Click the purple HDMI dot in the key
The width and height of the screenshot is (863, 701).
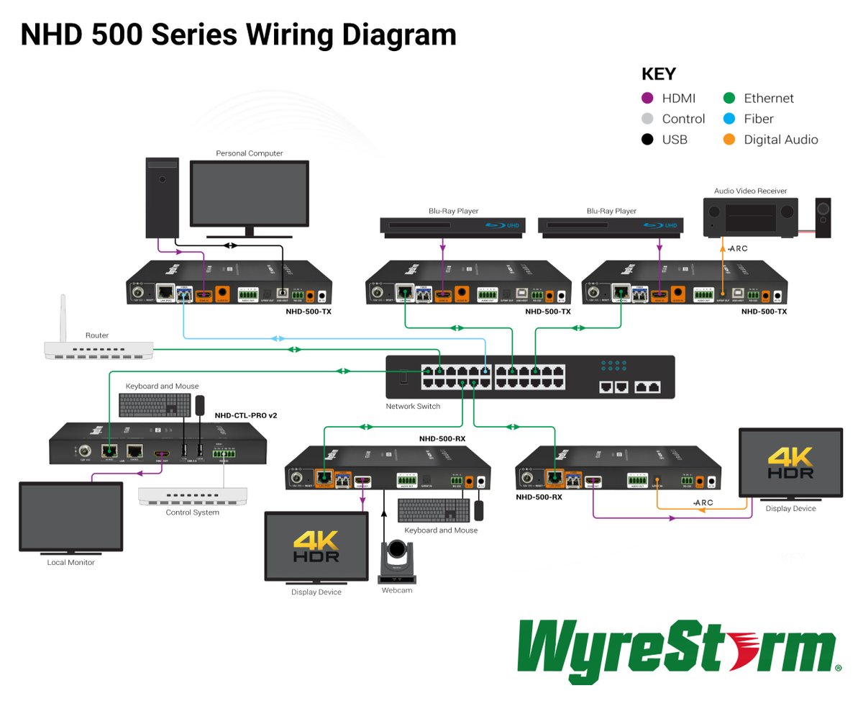click(x=647, y=99)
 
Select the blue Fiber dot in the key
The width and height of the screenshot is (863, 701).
click(x=729, y=119)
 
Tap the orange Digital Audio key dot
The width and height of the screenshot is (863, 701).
click(x=729, y=140)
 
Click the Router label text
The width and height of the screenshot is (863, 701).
click(x=97, y=335)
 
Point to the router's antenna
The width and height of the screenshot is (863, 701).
click(x=64, y=317)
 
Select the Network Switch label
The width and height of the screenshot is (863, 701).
click(x=413, y=407)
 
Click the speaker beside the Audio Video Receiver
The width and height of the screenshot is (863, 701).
click(x=823, y=217)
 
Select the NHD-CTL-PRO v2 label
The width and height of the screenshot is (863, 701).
click(x=246, y=416)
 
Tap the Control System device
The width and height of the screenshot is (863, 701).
click(x=188, y=496)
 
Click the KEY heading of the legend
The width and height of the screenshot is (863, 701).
click(x=659, y=74)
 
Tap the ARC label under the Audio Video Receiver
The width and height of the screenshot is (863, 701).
click(x=739, y=248)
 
